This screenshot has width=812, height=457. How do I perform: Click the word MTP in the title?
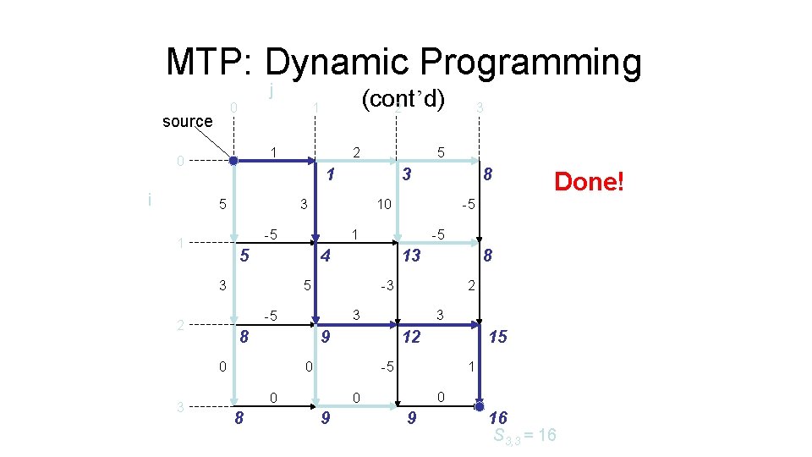point(209,62)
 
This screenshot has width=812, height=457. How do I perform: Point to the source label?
point(187,121)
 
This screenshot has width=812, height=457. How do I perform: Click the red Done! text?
point(588,181)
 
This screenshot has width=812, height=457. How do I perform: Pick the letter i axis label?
point(150,200)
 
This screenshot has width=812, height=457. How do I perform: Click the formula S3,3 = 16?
point(524,436)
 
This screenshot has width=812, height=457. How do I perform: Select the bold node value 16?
point(498,416)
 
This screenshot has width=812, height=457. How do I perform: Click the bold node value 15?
point(498,337)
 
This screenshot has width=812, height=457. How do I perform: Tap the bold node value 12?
point(411,337)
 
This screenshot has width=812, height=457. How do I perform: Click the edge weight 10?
point(383,204)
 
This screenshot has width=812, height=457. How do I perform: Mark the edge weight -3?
point(385,286)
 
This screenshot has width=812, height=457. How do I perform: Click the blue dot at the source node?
point(233,160)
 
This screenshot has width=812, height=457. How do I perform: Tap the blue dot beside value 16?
point(479,406)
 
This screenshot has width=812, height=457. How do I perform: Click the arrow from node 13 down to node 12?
point(398,286)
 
